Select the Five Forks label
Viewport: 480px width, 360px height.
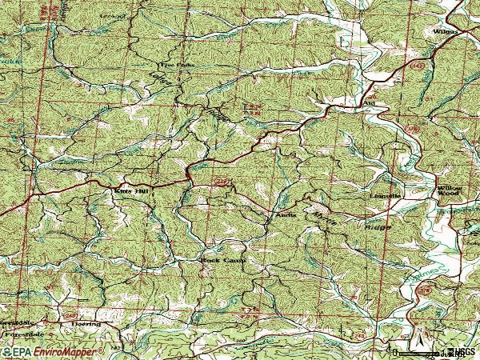pyautogui.click(x=170, y=66)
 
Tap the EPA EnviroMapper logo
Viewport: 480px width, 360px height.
pyautogui.click(x=52, y=352)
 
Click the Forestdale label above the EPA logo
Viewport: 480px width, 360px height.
pyautogui.click(x=24, y=330)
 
